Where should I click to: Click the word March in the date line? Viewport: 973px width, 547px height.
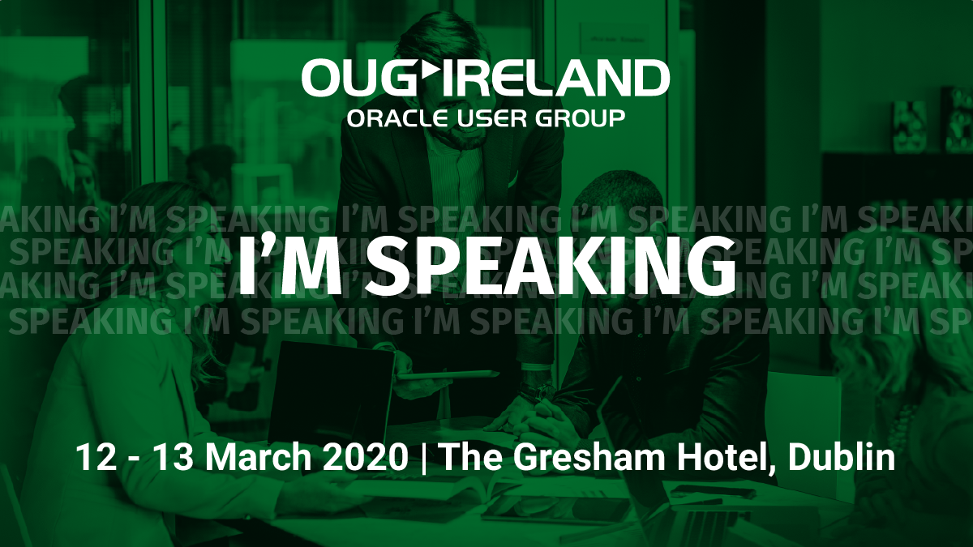(x=258, y=457)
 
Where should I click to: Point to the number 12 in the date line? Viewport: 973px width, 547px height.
(x=96, y=457)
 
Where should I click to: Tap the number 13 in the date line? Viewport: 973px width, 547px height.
(x=174, y=457)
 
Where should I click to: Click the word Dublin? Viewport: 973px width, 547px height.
(x=842, y=457)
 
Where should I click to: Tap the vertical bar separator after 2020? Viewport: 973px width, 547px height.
(x=424, y=458)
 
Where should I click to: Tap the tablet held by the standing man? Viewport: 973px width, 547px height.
(x=448, y=375)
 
